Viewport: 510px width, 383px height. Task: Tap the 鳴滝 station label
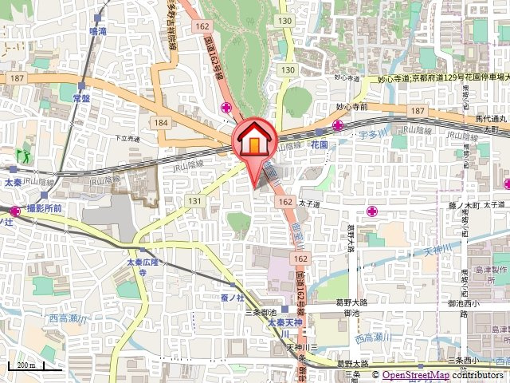click(x=98, y=31)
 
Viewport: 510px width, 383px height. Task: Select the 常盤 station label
click(x=80, y=97)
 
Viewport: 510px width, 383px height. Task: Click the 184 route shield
click(x=162, y=122)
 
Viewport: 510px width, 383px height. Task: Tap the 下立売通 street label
click(x=127, y=138)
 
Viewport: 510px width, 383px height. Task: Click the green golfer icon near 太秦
click(x=22, y=152)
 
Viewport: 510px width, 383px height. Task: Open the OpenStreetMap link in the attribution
click(x=416, y=375)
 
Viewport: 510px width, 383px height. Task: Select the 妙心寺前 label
click(x=351, y=106)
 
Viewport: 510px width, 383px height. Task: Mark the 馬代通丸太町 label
click(x=491, y=124)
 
